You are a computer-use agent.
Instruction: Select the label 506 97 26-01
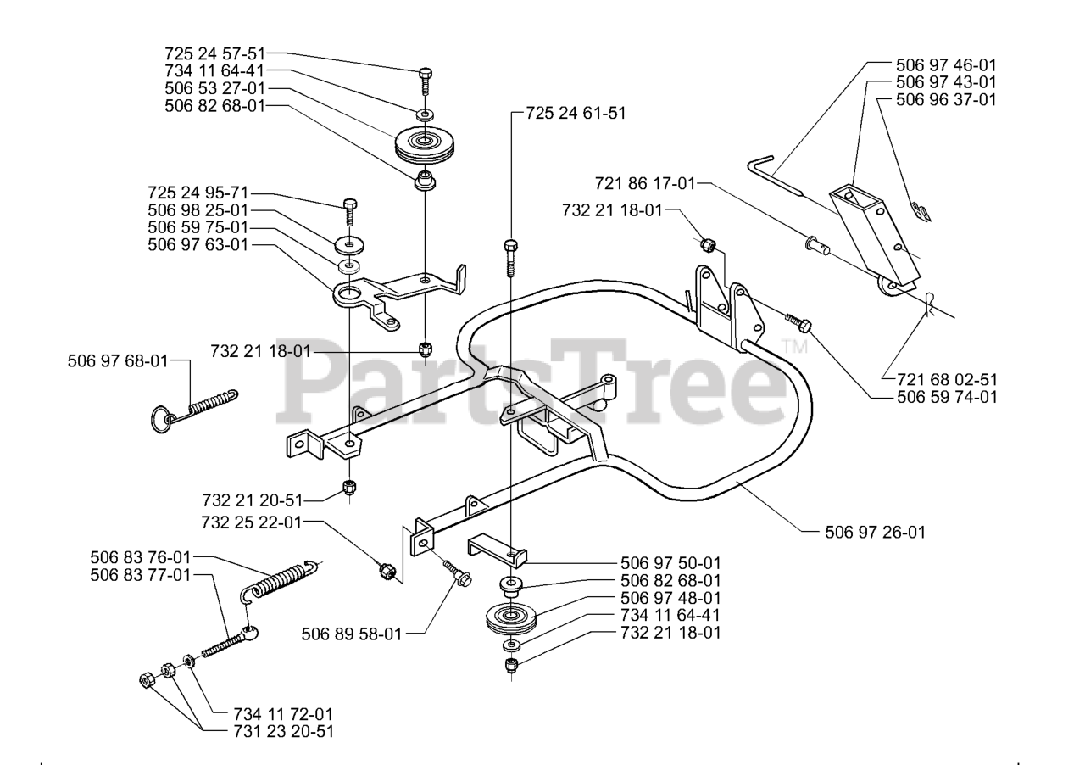pyautogui.click(x=875, y=533)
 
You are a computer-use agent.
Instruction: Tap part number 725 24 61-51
pyautogui.click(x=576, y=112)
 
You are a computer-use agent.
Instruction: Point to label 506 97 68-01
pyautogui.click(x=118, y=361)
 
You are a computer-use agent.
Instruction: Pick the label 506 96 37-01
pyautogui.click(x=946, y=99)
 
